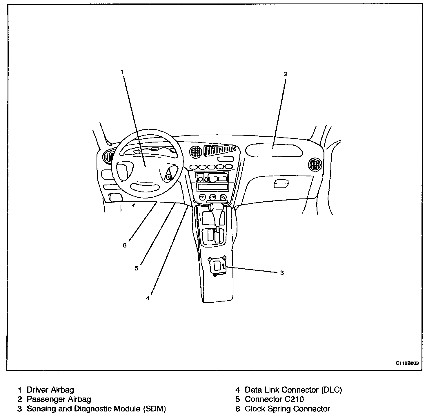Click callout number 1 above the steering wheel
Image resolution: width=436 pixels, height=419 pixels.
click(x=122, y=72)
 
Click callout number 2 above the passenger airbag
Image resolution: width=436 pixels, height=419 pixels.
click(x=286, y=74)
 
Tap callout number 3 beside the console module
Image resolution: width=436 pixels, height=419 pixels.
click(x=282, y=273)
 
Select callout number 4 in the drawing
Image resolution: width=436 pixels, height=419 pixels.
click(x=148, y=298)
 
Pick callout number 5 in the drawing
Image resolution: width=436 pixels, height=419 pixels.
click(x=136, y=268)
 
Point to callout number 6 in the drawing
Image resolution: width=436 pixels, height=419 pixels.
click(x=125, y=245)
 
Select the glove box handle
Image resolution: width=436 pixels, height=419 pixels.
click(x=281, y=183)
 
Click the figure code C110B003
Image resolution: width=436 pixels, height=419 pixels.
click(x=408, y=363)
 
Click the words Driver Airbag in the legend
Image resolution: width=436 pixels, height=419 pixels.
click(x=50, y=390)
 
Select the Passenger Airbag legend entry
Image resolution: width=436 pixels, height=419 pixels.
click(x=59, y=399)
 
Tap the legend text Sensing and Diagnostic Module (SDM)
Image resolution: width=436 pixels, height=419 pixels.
click(x=96, y=409)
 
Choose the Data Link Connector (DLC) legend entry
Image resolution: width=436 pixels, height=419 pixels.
click(x=293, y=390)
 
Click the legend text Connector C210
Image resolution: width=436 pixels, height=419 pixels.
click(x=274, y=399)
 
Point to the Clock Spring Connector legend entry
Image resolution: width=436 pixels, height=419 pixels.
click(x=287, y=409)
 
